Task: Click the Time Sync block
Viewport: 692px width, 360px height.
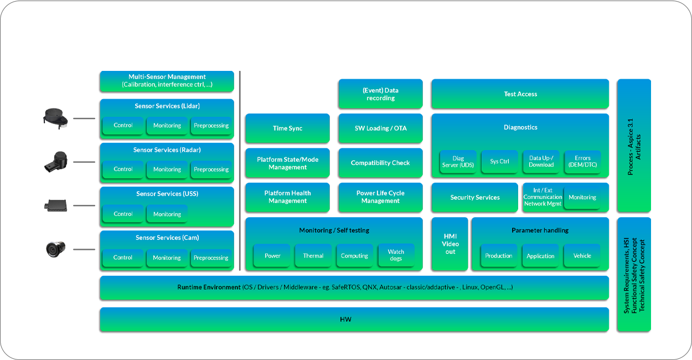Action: coord(287,128)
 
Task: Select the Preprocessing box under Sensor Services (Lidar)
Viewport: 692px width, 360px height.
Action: coord(211,126)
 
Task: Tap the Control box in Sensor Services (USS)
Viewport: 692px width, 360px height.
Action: coord(123,214)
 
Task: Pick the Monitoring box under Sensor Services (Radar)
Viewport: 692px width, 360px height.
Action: coord(167,169)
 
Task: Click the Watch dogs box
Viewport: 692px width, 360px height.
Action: coord(396,255)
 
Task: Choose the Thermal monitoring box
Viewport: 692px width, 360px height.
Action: coord(313,256)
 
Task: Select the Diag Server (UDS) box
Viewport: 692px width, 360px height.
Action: coord(458,162)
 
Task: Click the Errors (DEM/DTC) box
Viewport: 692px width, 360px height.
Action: coord(582,162)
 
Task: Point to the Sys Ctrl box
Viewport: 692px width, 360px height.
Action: coord(499,162)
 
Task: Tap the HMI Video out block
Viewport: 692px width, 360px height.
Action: coord(450,244)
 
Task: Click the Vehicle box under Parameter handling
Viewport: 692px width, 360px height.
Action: coord(582,256)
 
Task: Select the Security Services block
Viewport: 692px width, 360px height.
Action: coord(474,197)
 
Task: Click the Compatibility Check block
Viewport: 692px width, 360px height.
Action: coord(380,163)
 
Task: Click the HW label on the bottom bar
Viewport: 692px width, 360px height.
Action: coord(345,320)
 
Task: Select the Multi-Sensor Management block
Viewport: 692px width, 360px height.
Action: coord(167,81)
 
